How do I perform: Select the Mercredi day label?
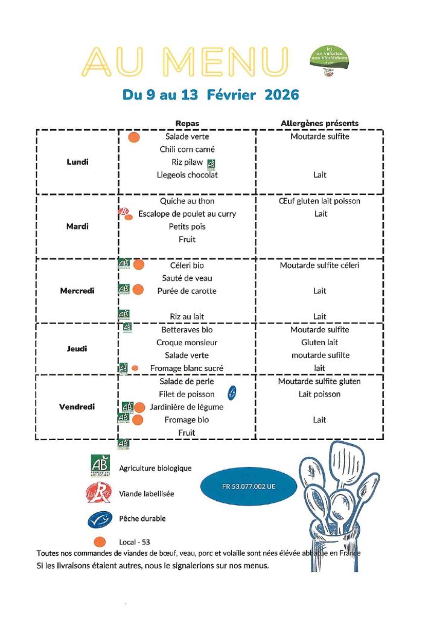77,291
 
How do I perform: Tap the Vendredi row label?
78,407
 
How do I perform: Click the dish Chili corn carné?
187,149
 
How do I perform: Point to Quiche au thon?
187,201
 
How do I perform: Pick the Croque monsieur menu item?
187,343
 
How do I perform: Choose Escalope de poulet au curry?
187,214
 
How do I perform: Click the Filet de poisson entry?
187,394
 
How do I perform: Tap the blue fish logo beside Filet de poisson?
231,393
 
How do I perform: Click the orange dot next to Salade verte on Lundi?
134,137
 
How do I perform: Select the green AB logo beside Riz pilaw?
211,163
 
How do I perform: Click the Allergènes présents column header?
319,123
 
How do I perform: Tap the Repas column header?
187,123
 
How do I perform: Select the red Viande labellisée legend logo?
99,493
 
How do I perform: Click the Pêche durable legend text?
142,518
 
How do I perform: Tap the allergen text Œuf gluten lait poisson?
320,201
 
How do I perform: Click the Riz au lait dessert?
187,316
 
